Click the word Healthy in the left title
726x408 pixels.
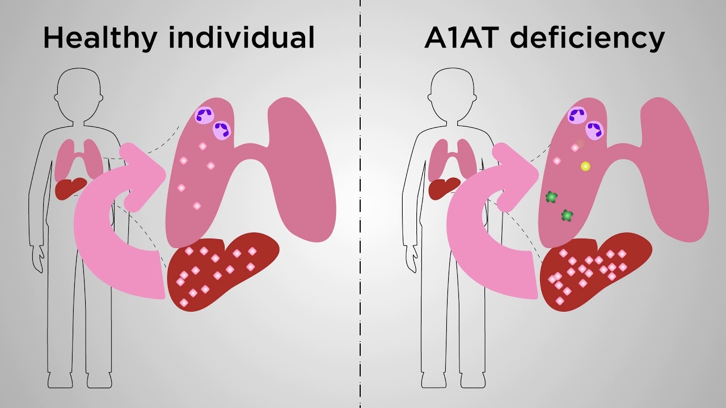point(100,38)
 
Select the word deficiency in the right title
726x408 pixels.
point(587,38)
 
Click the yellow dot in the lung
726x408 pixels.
point(585,167)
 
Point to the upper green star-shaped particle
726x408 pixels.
point(551,197)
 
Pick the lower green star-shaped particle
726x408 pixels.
point(567,215)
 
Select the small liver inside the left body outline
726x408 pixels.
point(70,188)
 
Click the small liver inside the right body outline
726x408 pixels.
point(444,188)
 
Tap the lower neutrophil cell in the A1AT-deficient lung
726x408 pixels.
point(595,130)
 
